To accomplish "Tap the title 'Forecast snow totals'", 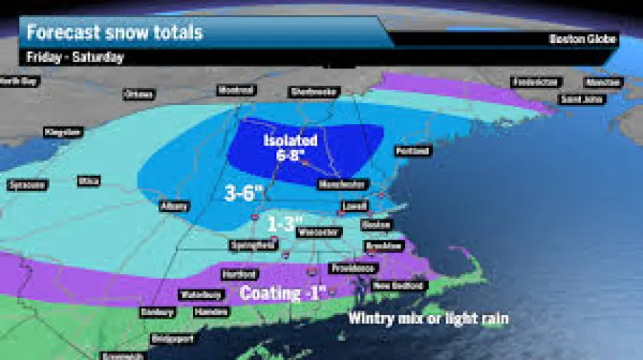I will (x=115, y=33).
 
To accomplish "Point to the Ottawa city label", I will (x=138, y=95).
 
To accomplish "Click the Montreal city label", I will (x=237, y=90).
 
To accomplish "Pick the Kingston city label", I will (x=62, y=132).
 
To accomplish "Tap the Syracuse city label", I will (x=27, y=183).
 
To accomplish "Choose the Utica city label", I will (x=87, y=180).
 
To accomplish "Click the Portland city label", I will (x=412, y=151).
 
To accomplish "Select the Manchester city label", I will (x=341, y=184).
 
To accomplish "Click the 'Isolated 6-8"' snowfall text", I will (x=290, y=146).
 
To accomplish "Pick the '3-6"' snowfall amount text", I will (x=244, y=194).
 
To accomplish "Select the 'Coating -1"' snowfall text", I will (x=283, y=293).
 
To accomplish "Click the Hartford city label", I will (x=239, y=274).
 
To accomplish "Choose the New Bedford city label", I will (x=398, y=285).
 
